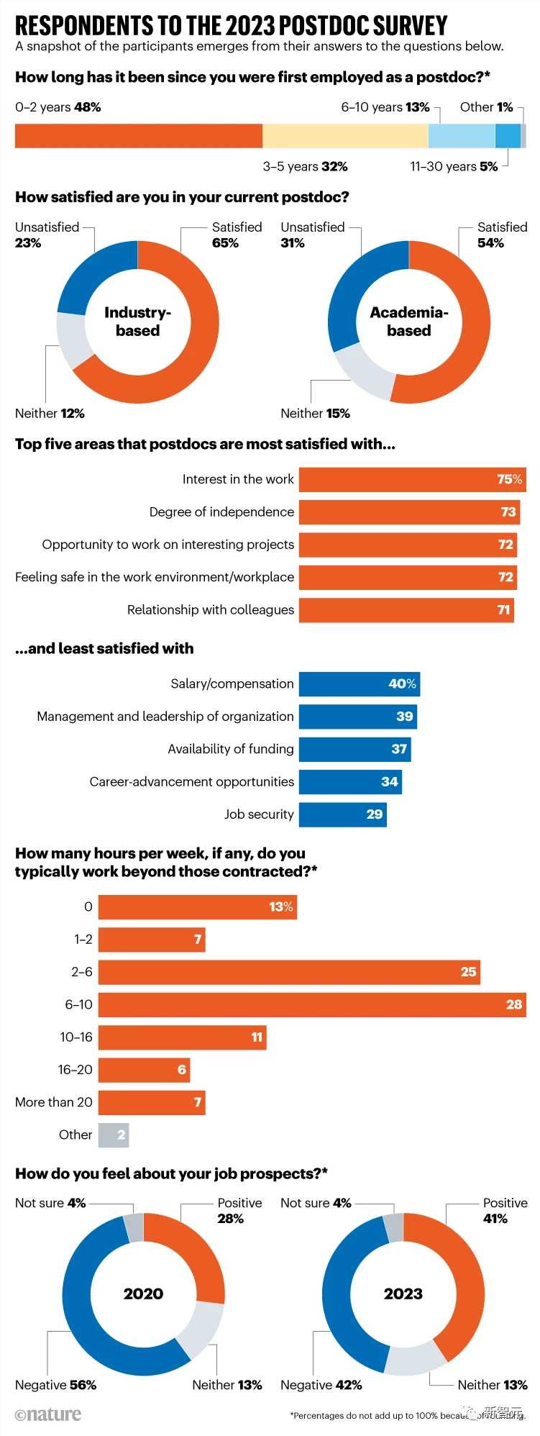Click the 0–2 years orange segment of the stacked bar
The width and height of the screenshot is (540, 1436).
[138, 136]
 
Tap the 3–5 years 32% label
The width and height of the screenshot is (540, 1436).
[305, 167]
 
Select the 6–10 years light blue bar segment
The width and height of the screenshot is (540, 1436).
[461, 136]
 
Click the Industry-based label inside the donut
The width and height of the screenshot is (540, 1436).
[137, 322]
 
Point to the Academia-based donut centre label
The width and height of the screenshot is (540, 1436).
[408, 322]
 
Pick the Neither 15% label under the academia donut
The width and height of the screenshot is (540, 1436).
[315, 414]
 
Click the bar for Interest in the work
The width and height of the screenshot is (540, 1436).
[412, 480]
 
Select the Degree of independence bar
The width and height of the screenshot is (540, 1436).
[409, 512]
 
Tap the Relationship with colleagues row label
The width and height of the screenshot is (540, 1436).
[211, 610]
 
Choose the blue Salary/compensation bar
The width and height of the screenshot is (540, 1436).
[359, 684]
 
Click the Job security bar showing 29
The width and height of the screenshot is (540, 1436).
[342, 814]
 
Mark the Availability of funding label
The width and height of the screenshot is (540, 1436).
[231, 749]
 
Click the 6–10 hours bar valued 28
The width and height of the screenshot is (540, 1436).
[312, 1005]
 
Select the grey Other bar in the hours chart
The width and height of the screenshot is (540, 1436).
[114, 1135]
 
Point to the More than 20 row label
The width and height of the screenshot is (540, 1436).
[54, 1102]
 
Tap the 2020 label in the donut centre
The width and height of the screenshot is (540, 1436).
[143, 1294]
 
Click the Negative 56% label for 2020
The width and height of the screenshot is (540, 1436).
[55, 1385]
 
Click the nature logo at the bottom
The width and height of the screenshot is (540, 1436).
[48, 1414]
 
